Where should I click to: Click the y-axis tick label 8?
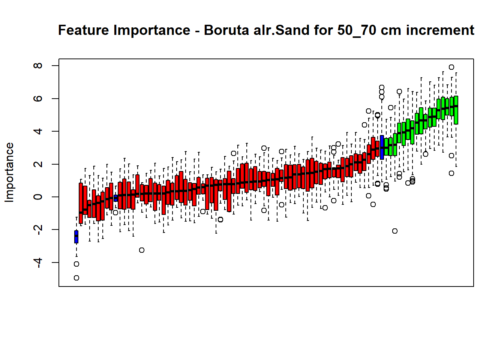click(x=38, y=66)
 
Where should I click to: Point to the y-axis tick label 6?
click(x=38, y=98)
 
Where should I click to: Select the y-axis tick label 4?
click(x=38, y=131)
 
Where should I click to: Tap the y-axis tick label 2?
click(x=38, y=164)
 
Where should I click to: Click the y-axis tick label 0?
click(x=38, y=197)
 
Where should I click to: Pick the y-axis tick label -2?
click(x=38, y=230)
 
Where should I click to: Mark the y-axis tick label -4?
click(x=38, y=262)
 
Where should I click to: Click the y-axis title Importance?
click(x=9, y=172)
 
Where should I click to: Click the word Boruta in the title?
click(x=226, y=30)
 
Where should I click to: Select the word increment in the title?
click(x=440, y=30)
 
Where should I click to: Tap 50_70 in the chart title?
click(x=357, y=31)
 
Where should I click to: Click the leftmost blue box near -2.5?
click(x=76, y=237)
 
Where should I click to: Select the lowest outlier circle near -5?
click(x=76, y=278)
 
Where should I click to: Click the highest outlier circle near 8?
click(x=451, y=67)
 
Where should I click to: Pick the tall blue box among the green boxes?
click(x=382, y=147)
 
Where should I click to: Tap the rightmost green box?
click(x=456, y=110)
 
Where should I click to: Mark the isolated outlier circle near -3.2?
click(x=141, y=250)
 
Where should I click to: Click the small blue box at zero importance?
click(x=115, y=198)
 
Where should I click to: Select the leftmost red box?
click(x=81, y=203)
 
